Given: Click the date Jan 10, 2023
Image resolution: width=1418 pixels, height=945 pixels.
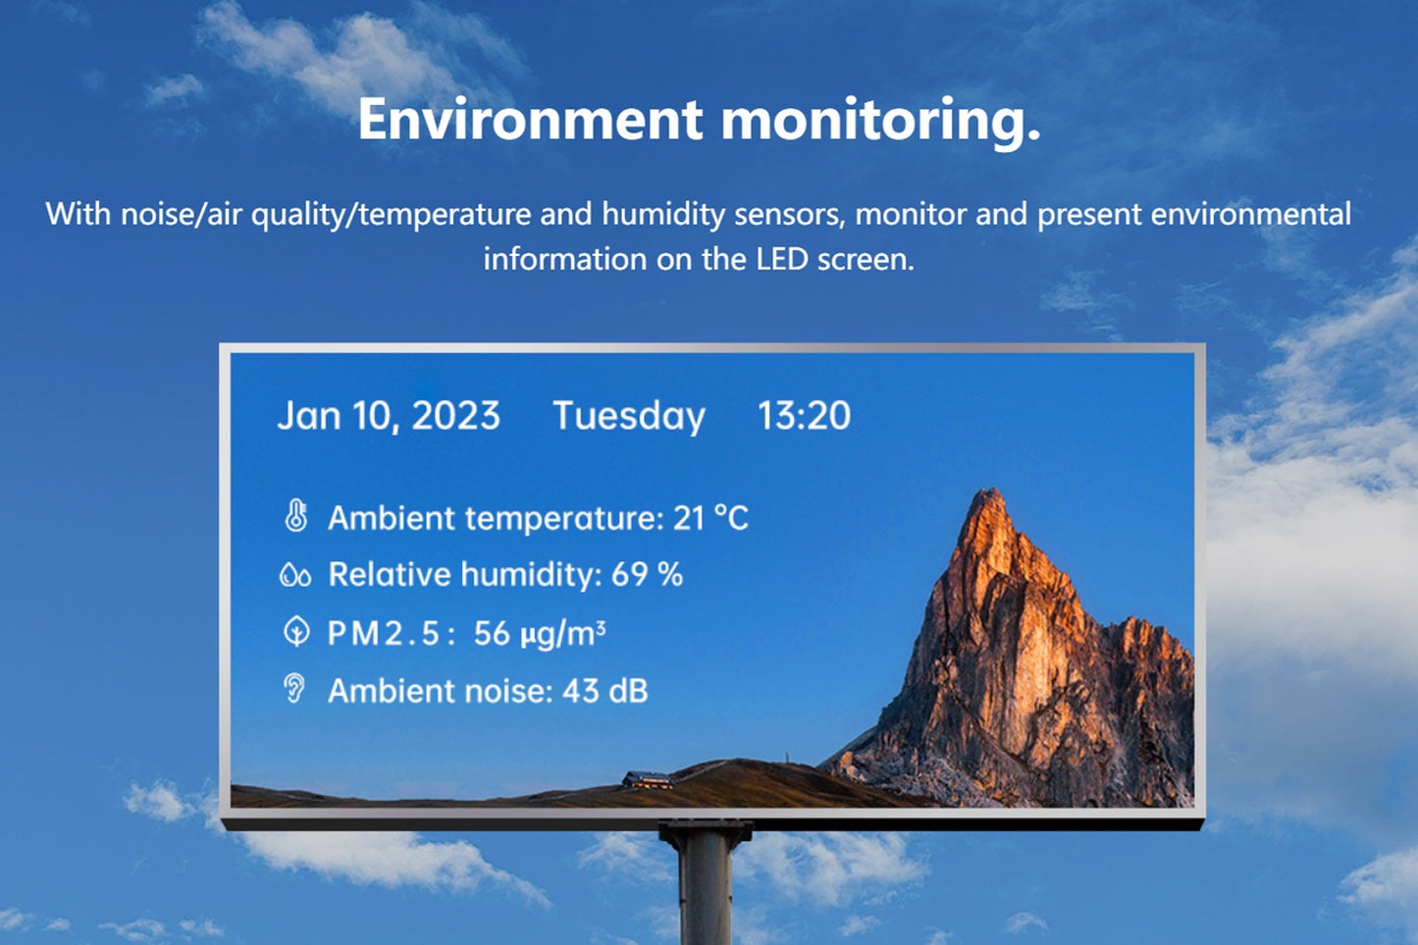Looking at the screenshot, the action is (389, 416).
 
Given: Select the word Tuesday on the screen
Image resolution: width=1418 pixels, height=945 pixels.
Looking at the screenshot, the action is (629, 416).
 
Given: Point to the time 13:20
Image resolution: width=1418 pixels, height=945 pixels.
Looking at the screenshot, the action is (804, 416).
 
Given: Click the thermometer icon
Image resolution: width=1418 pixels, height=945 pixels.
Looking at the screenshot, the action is (295, 515).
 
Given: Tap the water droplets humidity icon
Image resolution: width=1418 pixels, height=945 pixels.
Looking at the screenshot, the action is (295, 575).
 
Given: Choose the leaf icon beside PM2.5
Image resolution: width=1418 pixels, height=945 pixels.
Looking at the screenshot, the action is (296, 632).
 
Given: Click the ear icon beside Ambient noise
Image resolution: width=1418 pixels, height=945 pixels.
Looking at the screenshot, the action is (294, 689).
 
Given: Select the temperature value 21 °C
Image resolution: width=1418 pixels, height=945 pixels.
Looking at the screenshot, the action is (710, 518).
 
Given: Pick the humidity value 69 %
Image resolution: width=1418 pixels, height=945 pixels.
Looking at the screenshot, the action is (647, 575).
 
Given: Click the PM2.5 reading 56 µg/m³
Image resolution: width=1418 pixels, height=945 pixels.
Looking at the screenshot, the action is (540, 634).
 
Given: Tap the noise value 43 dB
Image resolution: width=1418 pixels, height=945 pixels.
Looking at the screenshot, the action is (605, 691).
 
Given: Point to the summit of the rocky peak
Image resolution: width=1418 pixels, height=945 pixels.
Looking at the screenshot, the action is (991, 490).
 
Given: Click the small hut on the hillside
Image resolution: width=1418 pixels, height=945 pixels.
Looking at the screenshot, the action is (647, 780).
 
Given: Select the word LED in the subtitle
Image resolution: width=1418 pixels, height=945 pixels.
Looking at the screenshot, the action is (782, 259).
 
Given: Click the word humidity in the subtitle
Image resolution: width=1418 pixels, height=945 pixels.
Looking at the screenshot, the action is (663, 215).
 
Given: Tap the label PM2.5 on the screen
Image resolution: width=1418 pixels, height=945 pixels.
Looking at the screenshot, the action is (391, 634).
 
